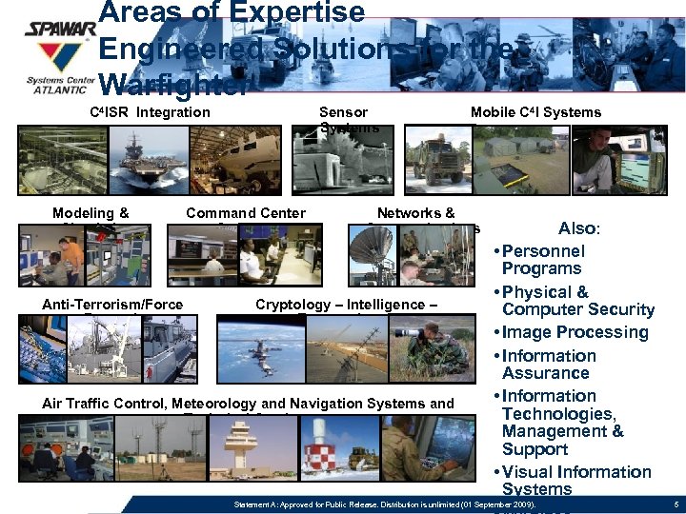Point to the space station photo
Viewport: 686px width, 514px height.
252,352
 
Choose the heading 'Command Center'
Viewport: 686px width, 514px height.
246,213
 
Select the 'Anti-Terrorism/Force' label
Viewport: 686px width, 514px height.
112,305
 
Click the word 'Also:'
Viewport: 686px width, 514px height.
578,228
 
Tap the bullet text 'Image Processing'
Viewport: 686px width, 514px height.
575,332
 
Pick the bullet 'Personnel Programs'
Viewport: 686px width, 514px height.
543,260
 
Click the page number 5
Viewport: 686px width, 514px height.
674,503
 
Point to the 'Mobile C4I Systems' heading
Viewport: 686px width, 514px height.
535,112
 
